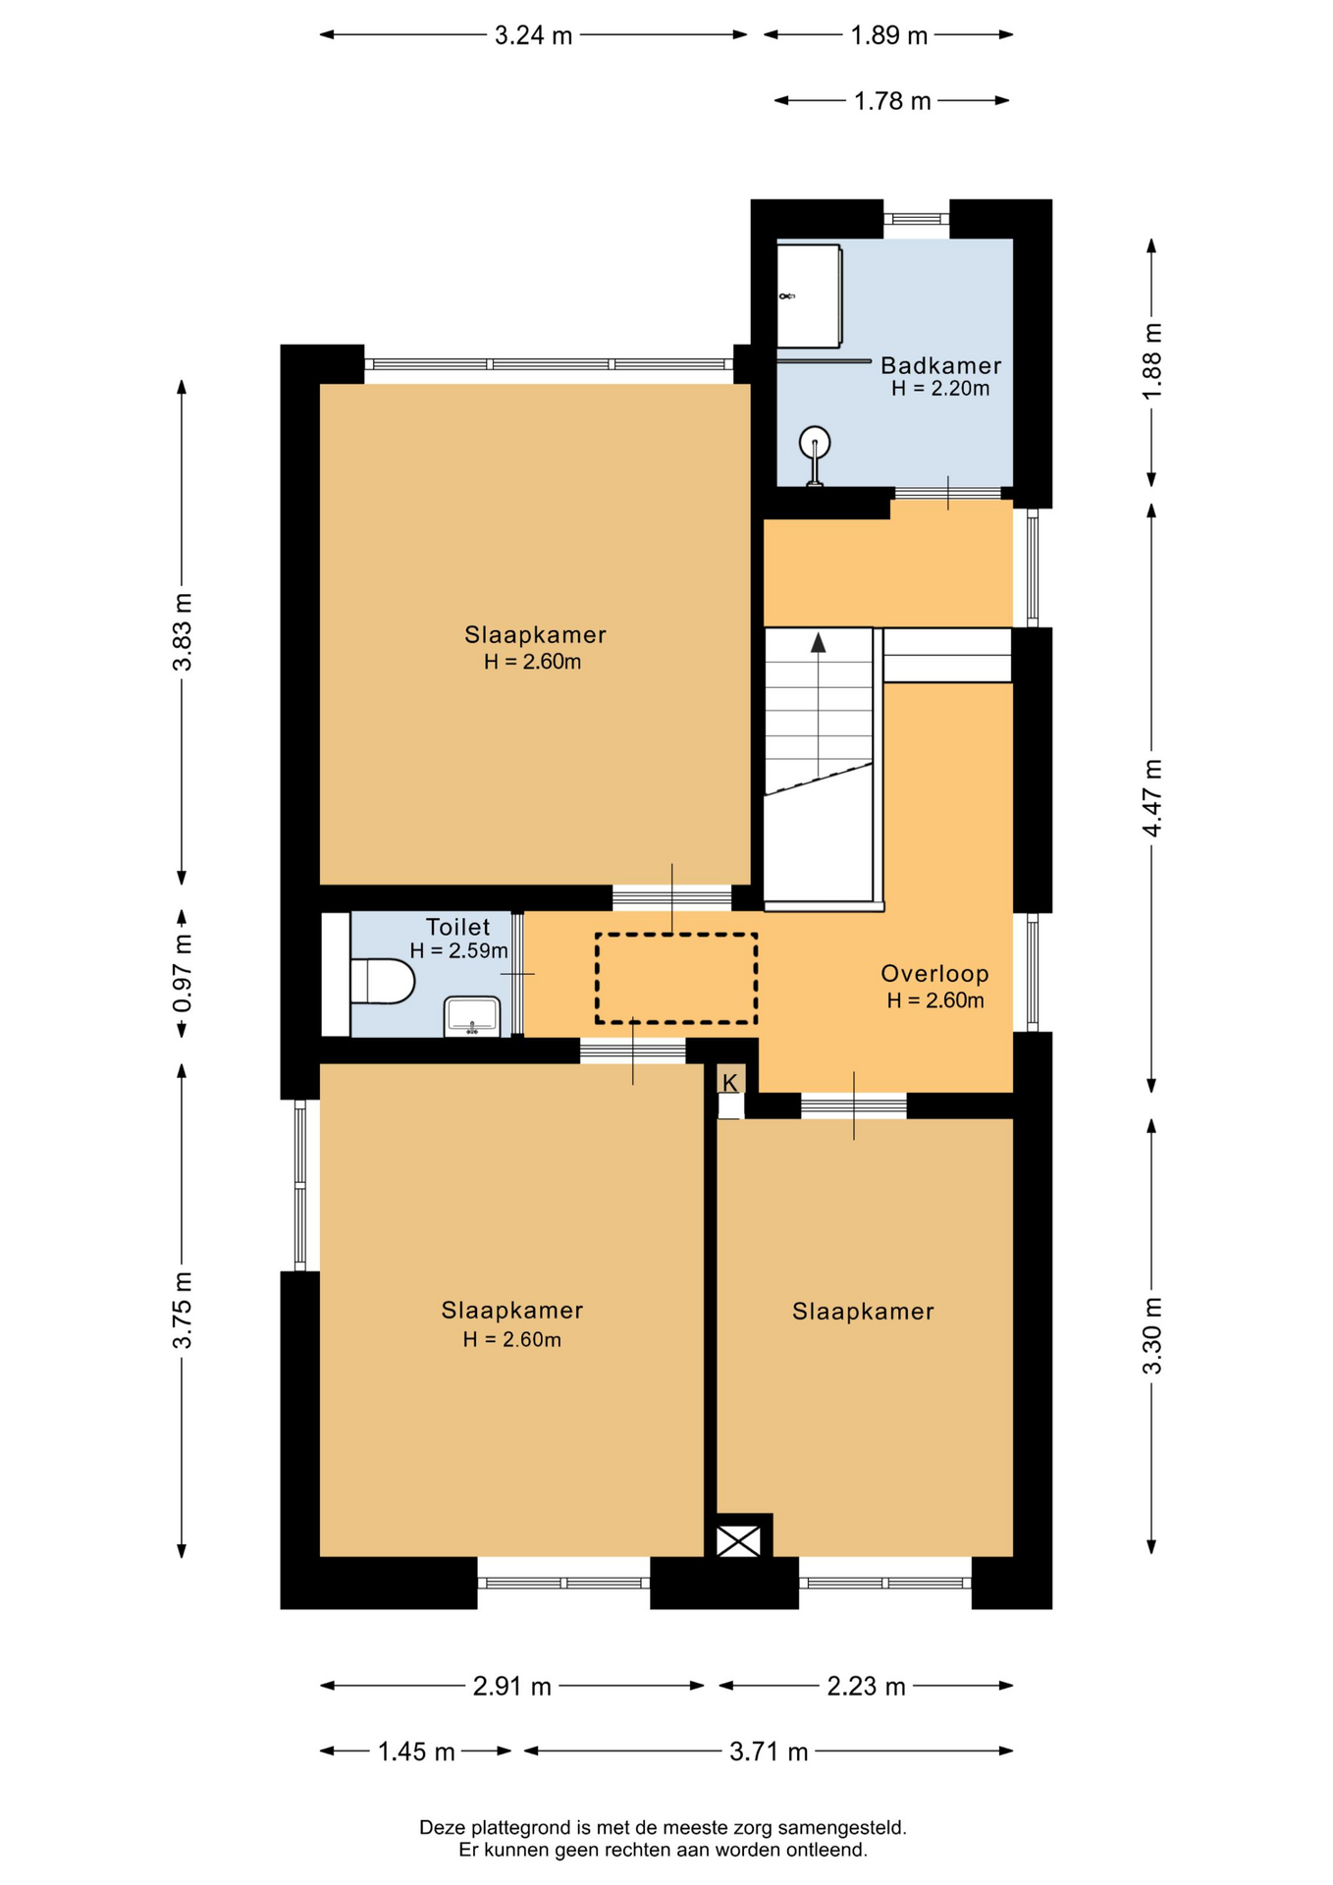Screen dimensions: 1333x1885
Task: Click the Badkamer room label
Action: pos(940,365)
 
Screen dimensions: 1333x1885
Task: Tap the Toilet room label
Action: pos(457,927)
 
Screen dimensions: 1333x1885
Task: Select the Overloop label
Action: pos(934,974)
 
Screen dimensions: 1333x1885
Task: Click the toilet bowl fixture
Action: pos(383,981)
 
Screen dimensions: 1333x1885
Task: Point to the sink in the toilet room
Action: pos(472,1016)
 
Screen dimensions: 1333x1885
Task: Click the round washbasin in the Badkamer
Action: pos(815,444)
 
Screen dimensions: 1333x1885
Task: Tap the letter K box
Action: pos(730,1082)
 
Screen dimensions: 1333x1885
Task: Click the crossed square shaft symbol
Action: pos(738,1540)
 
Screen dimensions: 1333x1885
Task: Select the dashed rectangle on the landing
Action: pos(676,979)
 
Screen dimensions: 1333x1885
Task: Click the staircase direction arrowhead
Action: pos(818,643)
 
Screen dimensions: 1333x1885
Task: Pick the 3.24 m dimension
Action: pos(533,36)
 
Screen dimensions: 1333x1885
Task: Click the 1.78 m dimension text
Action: pos(892,101)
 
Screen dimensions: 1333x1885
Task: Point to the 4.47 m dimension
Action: pos(1152,797)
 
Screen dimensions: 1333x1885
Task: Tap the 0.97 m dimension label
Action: pos(183,974)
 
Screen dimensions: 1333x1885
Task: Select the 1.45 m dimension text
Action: pos(416,1751)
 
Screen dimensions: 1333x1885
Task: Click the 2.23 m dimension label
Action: pos(866,1687)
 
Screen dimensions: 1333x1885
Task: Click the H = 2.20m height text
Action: pos(940,389)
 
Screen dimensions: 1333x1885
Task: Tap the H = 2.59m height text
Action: pos(458,950)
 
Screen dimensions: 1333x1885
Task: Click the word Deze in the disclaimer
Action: pos(443,1828)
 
